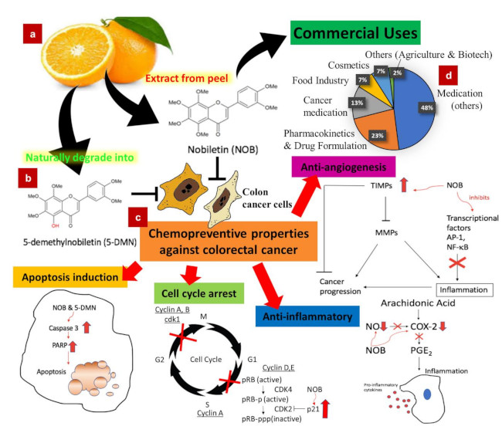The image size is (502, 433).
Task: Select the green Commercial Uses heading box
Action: point(354,34)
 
